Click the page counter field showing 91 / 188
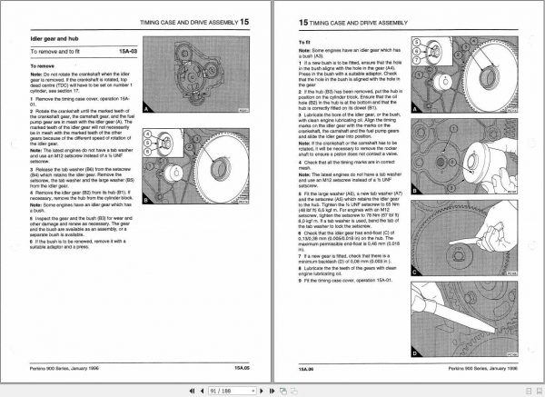222,389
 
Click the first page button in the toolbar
190,389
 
